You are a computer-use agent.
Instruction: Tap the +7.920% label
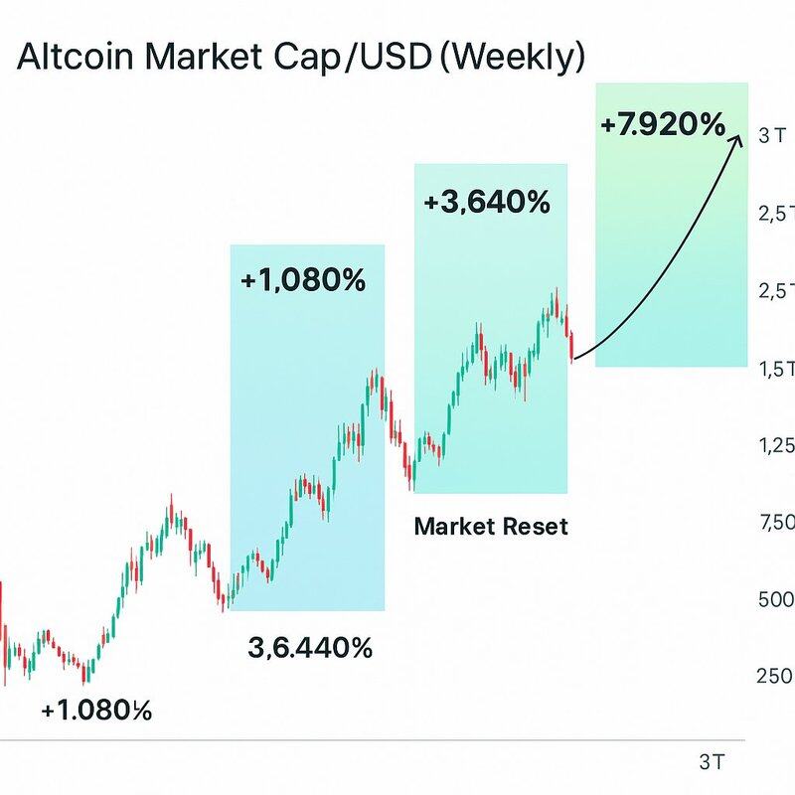click(x=663, y=125)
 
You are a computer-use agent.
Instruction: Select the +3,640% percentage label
click(x=485, y=203)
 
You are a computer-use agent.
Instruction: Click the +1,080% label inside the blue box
click(x=303, y=281)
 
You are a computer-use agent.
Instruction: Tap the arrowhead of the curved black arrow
click(x=738, y=138)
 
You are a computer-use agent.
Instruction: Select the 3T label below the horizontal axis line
click(x=712, y=762)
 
